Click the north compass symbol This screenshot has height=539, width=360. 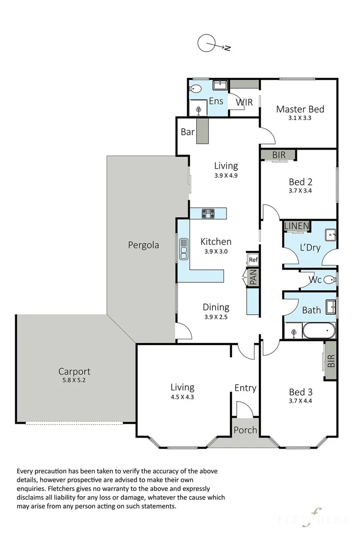213,44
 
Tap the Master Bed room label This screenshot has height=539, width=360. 300,109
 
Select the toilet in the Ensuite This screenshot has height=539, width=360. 196,89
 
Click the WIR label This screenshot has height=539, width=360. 244,102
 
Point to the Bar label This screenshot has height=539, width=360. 188,132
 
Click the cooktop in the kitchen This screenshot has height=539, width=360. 208,213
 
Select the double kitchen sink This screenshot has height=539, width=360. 184,248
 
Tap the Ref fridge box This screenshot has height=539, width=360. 253,260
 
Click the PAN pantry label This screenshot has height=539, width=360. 253,277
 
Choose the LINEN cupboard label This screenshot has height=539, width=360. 297,226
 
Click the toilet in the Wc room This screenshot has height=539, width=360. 330,279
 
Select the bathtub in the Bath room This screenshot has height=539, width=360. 319,331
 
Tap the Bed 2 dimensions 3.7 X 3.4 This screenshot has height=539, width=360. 300,190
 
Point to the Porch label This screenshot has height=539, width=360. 245,430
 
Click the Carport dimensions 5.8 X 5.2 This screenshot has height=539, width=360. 74,380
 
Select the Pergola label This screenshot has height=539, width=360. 144,245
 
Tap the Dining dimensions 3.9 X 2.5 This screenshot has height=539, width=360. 216,317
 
